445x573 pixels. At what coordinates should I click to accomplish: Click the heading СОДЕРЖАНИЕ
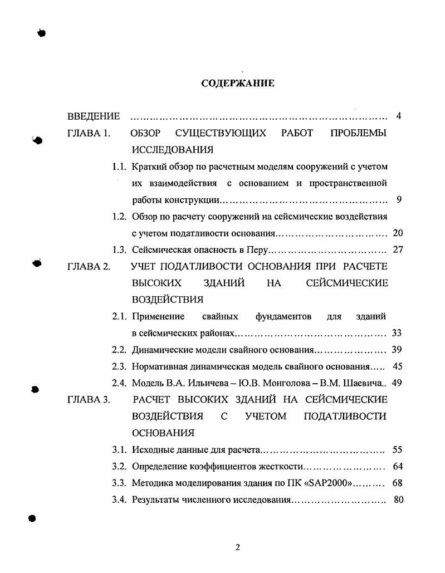(238, 84)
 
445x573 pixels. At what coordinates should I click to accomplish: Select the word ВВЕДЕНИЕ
(94, 116)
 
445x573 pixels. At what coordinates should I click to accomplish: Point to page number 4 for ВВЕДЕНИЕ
(399, 116)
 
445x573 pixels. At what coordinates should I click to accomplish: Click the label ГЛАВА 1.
(89, 133)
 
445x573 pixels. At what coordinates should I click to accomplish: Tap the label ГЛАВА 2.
(89, 267)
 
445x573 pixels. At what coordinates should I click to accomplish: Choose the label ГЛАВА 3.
(89, 400)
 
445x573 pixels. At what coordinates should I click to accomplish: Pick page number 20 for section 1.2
(398, 233)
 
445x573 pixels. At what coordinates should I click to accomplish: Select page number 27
(398, 250)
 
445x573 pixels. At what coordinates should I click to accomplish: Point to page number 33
(397, 334)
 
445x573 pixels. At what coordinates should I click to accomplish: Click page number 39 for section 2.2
(397, 350)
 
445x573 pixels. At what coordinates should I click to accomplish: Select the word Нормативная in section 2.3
(159, 367)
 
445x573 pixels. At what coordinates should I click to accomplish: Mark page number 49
(397, 384)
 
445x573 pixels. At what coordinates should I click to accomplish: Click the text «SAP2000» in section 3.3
(329, 483)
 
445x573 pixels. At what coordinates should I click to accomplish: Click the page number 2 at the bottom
(238, 547)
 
